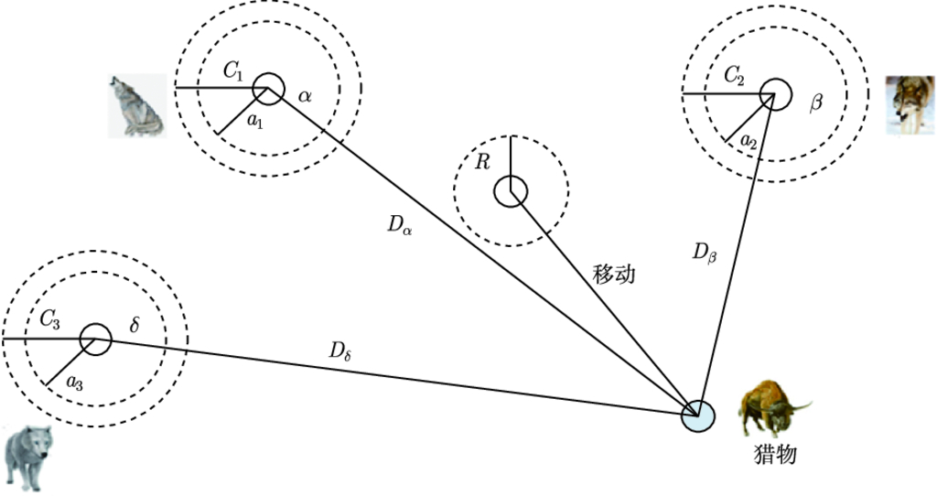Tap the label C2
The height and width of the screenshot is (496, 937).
[x=734, y=76]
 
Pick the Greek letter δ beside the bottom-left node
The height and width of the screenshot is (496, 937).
[x=135, y=325]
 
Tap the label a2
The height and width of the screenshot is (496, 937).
[x=748, y=140]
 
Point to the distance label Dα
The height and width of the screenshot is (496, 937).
[x=400, y=225]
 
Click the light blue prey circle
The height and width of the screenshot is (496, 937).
[x=699, y=415]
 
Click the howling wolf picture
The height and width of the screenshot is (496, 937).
[x=137, y=106]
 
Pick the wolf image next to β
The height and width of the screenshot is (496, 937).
[x=910, y=105]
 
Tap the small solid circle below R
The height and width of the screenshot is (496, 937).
[x=511, y=192]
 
